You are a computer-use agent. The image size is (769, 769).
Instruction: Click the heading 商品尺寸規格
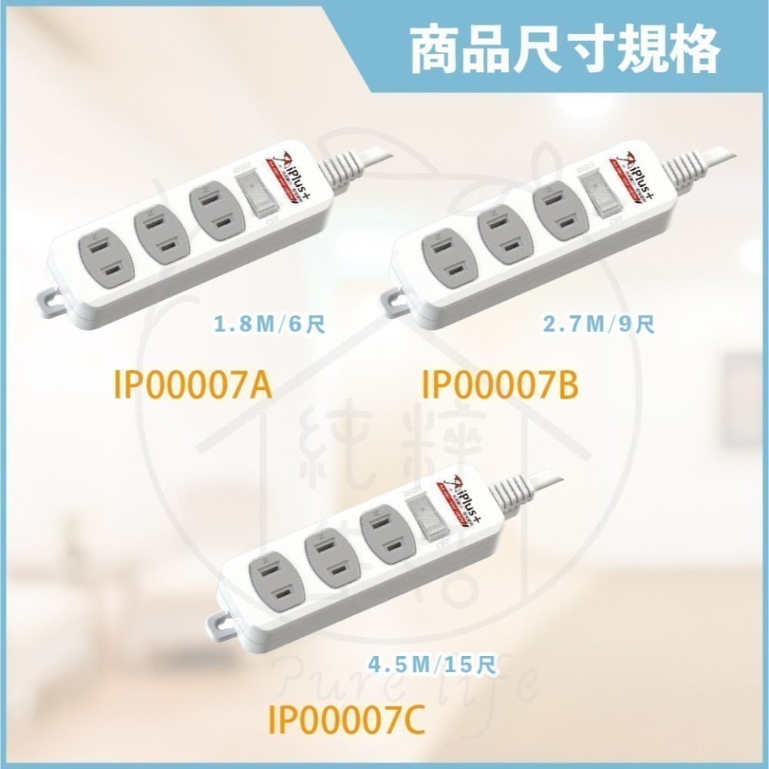(566, 48)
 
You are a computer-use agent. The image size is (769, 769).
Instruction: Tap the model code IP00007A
(193, 385)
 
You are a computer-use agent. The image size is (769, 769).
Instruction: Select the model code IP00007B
(500, 385)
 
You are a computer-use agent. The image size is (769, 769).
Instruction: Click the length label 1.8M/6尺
(270, 324)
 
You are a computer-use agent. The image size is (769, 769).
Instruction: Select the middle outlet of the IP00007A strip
(157, 238)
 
